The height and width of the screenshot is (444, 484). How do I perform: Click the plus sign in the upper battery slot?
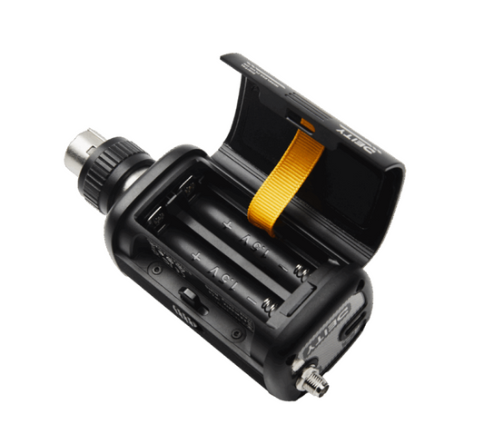pos(226,224)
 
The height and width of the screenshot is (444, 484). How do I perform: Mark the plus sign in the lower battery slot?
pos(195,258)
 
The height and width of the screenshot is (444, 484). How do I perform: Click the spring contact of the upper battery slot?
pos(303,271)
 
